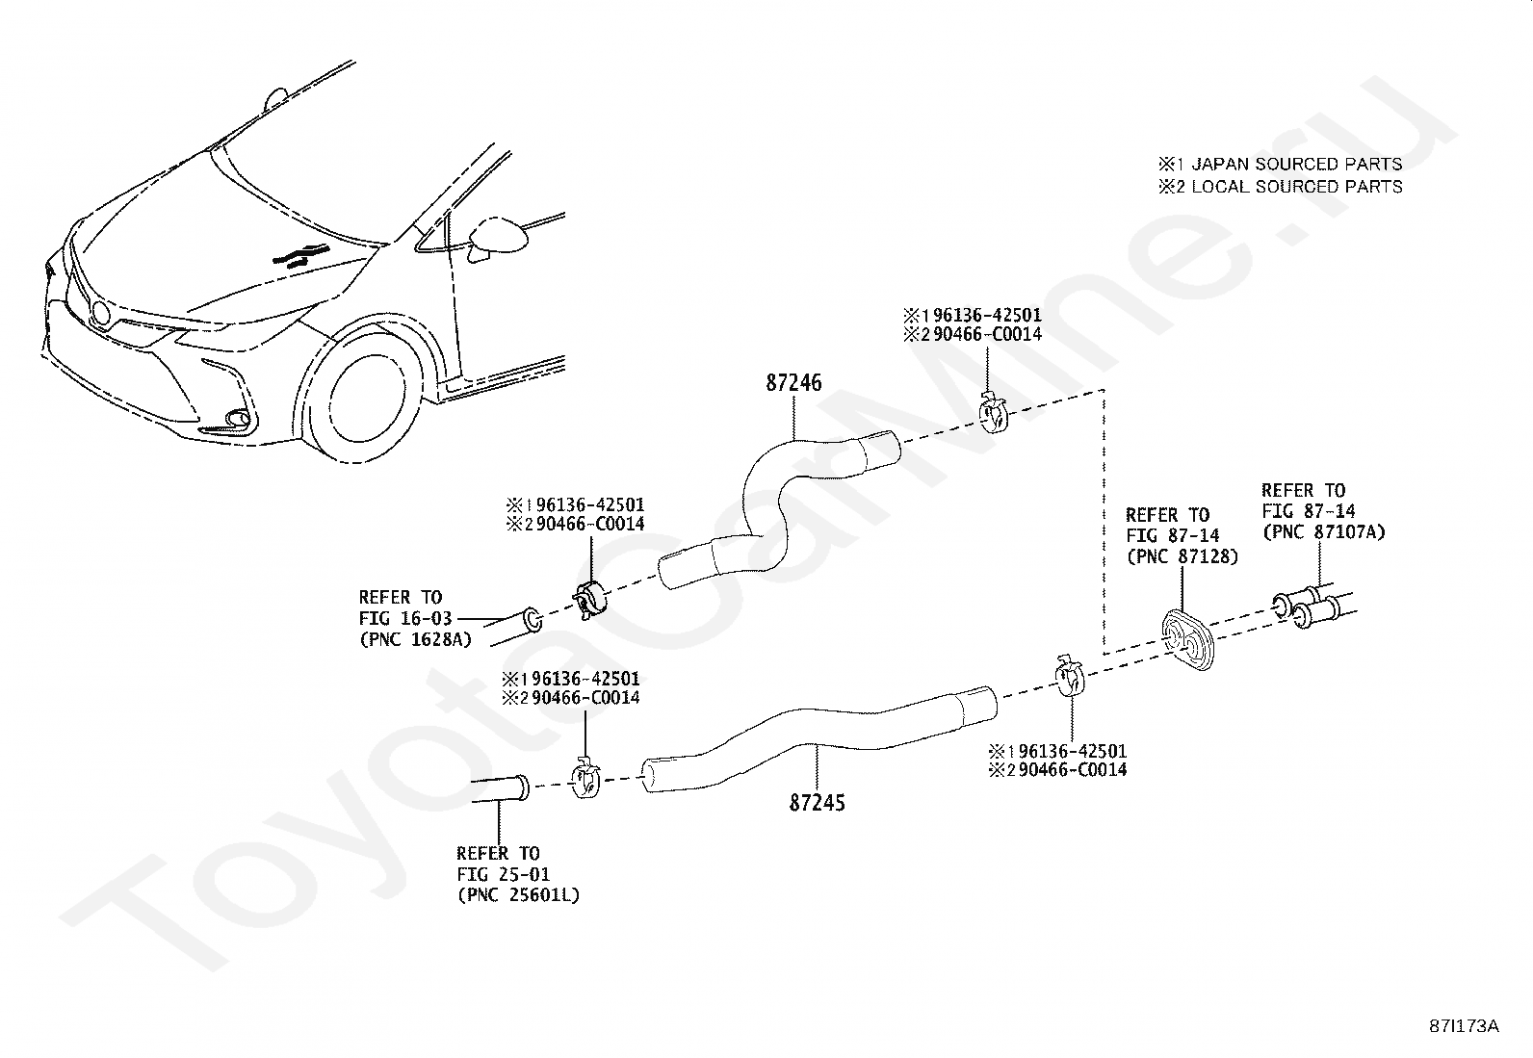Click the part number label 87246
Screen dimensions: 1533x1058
coord(793,382)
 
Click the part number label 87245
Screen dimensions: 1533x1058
coord(818,802)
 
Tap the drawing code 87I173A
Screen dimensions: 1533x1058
coord(1464,1026)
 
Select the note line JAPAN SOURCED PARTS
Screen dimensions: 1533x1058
coord(1280,165)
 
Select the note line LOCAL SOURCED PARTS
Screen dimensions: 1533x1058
coord(1280,187)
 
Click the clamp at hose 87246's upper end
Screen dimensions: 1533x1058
coord(993,413)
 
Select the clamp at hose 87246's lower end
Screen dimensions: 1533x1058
coord(589,600)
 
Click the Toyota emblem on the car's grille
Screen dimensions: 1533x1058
coord(101,314)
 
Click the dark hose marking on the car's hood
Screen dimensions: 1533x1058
coord(301,254)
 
